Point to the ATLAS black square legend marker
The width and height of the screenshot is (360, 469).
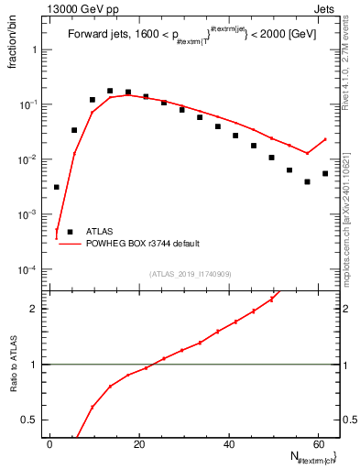tap(66, 232)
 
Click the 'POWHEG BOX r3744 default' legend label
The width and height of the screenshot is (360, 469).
tap(142, 244)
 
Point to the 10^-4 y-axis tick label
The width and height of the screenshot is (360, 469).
tap(30, 269)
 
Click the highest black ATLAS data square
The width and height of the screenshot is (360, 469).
tap(110, 92)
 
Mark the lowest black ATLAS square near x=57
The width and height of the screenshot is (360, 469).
tap(308, 181)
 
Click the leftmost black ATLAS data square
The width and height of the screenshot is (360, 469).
tap(56, 187)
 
